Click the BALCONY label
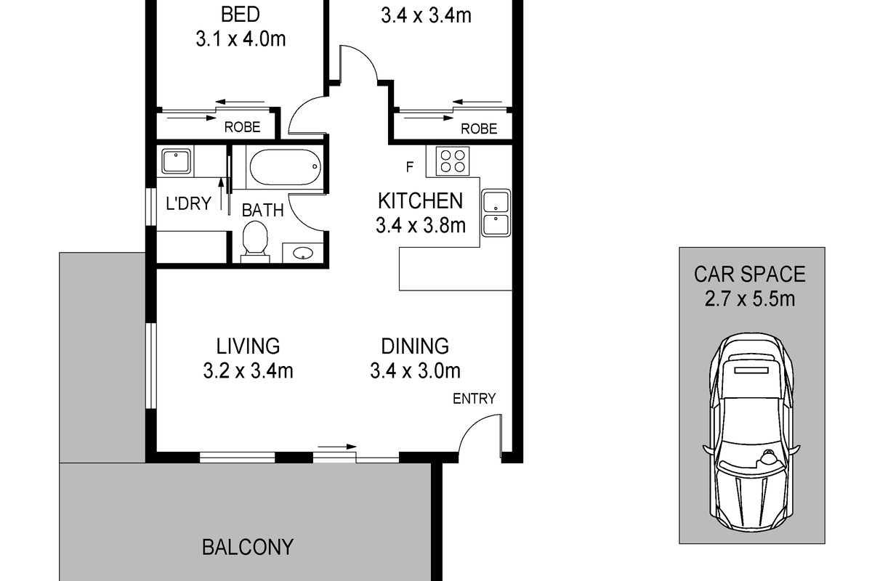click(248, 547)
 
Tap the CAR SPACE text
click(749, 274)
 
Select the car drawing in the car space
click(751, 431)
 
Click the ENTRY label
click(474, 399)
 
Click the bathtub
click(286, 167)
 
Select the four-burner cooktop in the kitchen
click(453, 161)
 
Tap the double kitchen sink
click(496, 213)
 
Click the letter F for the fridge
click(410, 167)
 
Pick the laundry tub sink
click(176, 161)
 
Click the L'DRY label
click(188, 203)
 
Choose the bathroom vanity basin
click(303, 253)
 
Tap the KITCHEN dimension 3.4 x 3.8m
click(421, 226)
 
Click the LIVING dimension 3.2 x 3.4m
click(248, 371)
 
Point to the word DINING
click(415, 346)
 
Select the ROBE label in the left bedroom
click(242, 127)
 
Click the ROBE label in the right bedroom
click(479, 129)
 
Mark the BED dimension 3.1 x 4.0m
click(241, 39)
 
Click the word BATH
click(263, 211)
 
